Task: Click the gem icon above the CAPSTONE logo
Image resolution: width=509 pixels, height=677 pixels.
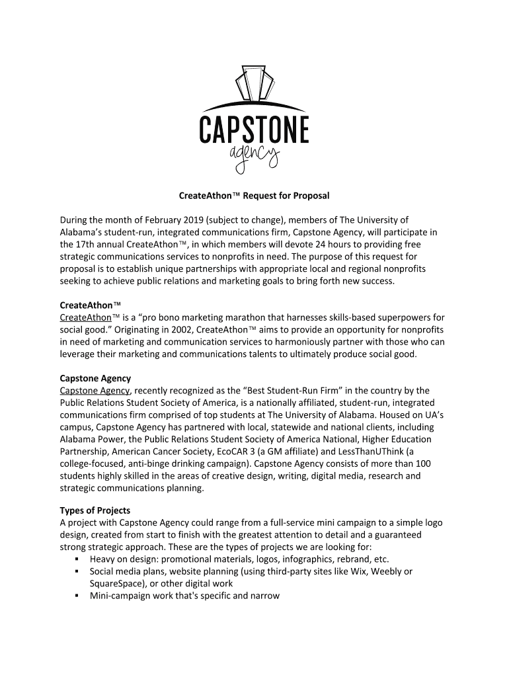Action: click(254, 83)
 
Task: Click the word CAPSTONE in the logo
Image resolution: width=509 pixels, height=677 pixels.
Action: click(254, 128)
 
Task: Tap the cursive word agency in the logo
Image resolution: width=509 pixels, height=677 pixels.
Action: click(254, 158)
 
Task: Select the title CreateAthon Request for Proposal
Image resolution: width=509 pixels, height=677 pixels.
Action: click(254, 196)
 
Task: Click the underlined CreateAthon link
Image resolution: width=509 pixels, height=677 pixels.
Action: click(85, 317)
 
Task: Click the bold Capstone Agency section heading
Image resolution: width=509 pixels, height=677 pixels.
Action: click(95, 378)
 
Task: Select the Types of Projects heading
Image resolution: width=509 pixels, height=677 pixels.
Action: click(95, 510)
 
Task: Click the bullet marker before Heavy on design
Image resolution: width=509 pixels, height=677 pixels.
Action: click(78, 559)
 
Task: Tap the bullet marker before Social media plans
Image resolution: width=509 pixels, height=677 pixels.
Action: click(78, 571)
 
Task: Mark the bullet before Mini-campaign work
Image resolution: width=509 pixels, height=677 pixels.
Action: click(78, 596)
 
